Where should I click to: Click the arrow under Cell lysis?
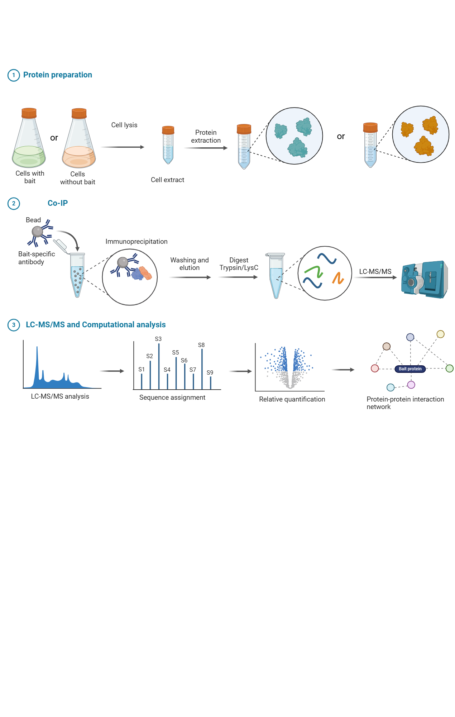[123, 147]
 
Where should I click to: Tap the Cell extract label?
[167, 180]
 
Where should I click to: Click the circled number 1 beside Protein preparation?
[14, 75]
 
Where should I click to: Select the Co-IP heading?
[58, 203]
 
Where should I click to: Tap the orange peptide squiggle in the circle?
[338, 278]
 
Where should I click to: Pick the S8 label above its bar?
[201, 345]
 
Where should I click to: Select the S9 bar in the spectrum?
[210, 383]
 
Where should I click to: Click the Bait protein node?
[410, 369]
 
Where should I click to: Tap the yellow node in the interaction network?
[440, 334]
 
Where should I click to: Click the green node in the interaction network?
[449, 368]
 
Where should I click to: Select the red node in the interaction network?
[375, 368]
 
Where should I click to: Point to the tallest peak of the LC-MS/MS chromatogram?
[37, 355]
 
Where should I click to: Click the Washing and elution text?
[189, 264]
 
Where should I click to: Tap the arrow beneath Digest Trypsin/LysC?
[238, 277]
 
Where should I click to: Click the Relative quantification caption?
[292, 399]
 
